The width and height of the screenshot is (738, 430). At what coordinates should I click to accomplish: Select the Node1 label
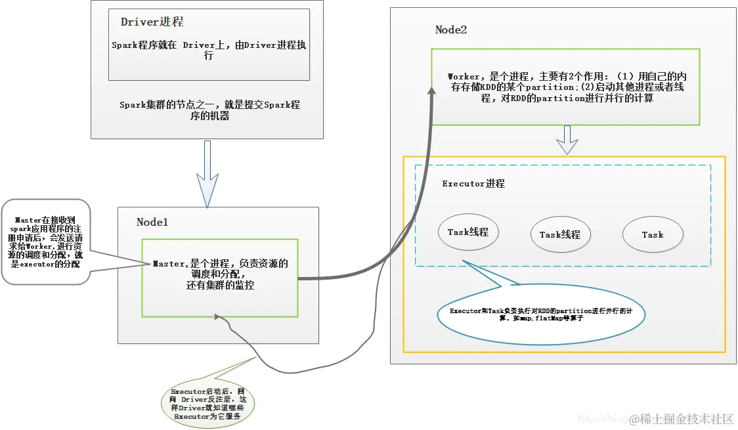click(x=152, y=222)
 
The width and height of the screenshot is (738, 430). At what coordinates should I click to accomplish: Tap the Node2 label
click(x=451, y=30)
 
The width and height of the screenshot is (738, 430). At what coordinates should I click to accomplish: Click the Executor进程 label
click(x=473, y=184)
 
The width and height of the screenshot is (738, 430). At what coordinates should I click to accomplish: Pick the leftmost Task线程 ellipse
click(x=468, y=232)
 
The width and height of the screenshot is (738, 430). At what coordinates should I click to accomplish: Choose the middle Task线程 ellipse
click(x=560, y=234)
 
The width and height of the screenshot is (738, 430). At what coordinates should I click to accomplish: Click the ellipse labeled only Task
click(x=653, y=234)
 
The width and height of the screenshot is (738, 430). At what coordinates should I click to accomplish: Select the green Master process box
click(x=220, y=278)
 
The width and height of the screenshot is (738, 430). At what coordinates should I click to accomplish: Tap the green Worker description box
click(x=565, y=87)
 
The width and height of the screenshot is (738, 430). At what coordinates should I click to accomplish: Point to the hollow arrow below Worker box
click(x=567, y=140)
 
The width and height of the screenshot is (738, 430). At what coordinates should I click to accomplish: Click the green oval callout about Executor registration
click(x=207, y=403)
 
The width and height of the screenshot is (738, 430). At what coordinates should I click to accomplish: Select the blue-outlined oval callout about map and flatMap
click(x=541, y=314)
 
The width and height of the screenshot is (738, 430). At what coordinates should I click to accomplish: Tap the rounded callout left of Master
click(x=45, y=242)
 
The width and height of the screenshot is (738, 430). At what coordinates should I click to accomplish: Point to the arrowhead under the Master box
click(x=217, y=318)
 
